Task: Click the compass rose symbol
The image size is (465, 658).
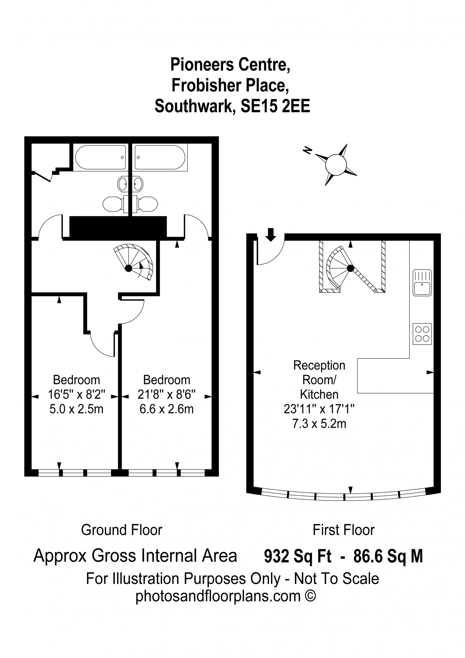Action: pyautogui.click(x=336, y=165)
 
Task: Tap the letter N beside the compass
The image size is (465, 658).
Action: pyautogui.click(x=308, y=150)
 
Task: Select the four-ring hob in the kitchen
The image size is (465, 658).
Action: pyautogui.click(x=422, y=334)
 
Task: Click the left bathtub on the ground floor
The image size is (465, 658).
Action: pyautogui.click(x=101, y=157)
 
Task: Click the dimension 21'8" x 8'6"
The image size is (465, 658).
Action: pyautogui.click(x=166, y=395)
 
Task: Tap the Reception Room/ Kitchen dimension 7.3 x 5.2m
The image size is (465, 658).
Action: pyautogui.click(x=319, y=424)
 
